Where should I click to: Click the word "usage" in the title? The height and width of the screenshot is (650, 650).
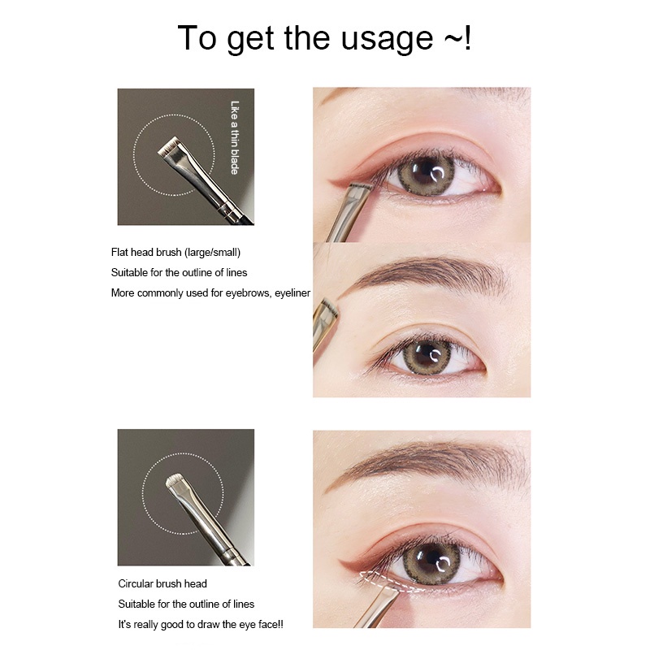[387, 38]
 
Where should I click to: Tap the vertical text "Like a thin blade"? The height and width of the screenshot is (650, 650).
[235, 137]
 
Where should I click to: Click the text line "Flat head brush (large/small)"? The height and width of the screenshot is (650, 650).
[175, 253]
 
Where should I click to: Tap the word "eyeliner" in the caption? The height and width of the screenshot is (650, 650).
[292, 293]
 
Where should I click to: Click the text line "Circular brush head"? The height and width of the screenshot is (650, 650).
[162, 583]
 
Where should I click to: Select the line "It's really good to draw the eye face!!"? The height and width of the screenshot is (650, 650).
[201, 624]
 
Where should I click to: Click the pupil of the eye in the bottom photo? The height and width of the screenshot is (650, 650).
[431, 561]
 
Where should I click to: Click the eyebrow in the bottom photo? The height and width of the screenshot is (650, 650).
[427, 462]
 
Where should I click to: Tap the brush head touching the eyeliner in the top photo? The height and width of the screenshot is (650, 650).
[360, 189]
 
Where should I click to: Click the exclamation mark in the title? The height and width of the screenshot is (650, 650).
[467, 37]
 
